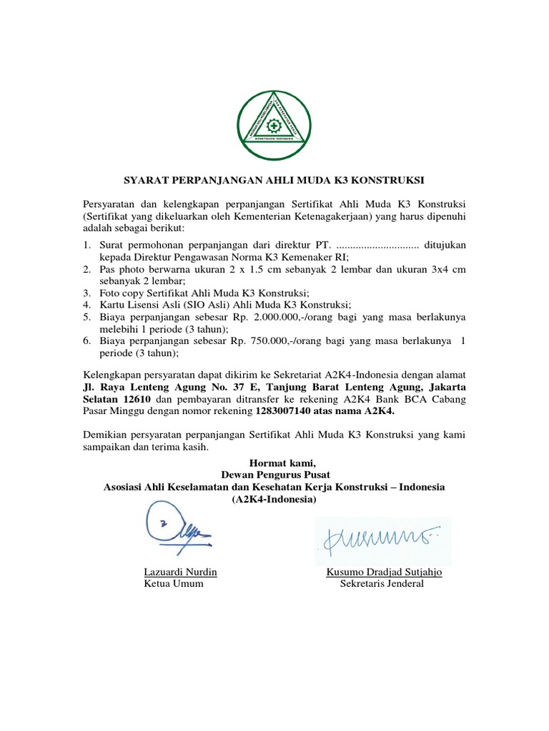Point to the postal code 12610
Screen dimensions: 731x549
pyautogui.click(x=134, y=400)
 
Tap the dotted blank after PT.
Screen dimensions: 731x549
pyautogui.click(x=377, y=245)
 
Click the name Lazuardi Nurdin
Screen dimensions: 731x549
pyautogui.click(x=180, y=572)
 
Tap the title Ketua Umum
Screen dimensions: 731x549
pyautogui.click(x=174, y=583)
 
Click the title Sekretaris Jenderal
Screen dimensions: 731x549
pyautogui.click(x=382, y=583)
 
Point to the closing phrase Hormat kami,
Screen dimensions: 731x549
pyautogui.click(x=274, y=463)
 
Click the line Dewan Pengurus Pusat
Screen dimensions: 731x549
pyautogui.click(x=274, y=475)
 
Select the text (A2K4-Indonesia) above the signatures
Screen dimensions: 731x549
pyautogui.click(x=274, y=499)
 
